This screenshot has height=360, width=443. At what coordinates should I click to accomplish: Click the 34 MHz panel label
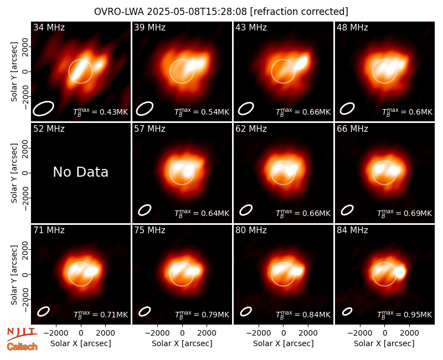click(x=49, y=27)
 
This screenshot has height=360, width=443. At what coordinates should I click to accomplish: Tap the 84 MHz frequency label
click(x=352, y=230)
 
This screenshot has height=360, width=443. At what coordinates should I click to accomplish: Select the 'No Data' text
click(x=80, y=172)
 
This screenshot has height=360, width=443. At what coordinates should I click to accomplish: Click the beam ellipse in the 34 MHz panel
click(x=43, y=109)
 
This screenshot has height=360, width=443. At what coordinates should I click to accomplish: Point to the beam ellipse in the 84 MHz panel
click(x=347, y=311)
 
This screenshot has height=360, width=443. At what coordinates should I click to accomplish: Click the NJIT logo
click(x=22, y=334)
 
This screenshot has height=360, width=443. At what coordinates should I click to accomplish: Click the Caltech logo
click(x=22, y=347)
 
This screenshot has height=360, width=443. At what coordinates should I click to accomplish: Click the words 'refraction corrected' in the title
click(x=299, y=12)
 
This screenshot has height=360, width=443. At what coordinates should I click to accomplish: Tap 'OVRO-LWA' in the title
click(x=119, y=12)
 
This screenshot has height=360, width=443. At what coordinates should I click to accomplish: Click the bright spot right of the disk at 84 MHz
click(x=400, y=271)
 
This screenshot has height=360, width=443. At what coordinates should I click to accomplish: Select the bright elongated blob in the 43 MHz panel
click(x=301, y=63)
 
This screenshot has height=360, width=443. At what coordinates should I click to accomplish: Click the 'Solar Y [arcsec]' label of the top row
click(x=14, y=72)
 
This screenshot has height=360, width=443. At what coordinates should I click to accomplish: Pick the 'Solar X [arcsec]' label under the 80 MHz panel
click(x=283, y=343)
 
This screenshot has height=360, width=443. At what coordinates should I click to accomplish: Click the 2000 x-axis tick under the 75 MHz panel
click(x=207, y=333)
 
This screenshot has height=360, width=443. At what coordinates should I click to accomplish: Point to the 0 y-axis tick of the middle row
click(x=25, y=173)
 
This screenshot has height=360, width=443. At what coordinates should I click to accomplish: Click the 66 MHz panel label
click(x=352, y=129)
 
